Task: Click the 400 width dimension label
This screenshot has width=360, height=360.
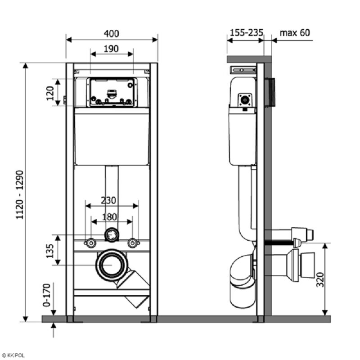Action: (x=112, y=34)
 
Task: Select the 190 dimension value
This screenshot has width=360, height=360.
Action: (x=112, y=49)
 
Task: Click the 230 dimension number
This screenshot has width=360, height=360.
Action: (x=112, y=200)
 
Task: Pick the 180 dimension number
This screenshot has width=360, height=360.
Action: (x=112, y=216)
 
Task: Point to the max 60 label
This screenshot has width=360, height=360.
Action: (x=295, y=33)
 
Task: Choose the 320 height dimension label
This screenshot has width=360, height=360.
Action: (x=333, y=280)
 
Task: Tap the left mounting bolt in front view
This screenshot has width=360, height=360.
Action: (x=91, y=243)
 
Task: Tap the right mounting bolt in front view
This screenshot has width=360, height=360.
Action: (x=132, y=243)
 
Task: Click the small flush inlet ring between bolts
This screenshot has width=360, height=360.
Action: (x=112, y=234)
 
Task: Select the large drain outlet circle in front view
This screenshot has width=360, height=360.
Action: (x=111, y=265)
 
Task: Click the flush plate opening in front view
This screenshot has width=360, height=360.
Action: (x=112, y=92)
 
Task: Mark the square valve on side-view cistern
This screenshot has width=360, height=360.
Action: (x=245, y=100)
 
